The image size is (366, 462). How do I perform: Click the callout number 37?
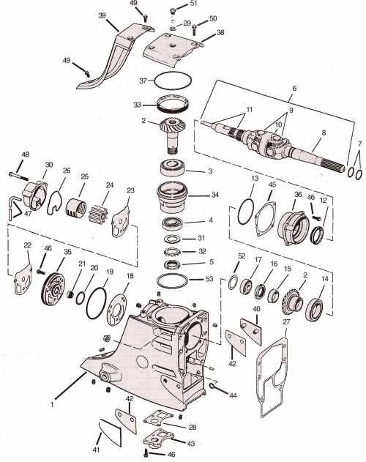click(143, 81)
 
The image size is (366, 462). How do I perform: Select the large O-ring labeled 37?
click(154, 79)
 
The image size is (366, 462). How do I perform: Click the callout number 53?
click(209, 278)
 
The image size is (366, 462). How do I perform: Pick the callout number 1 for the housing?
click(52, 405)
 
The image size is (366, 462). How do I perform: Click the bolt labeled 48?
click(19, 176)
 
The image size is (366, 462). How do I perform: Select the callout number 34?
click(214, 195)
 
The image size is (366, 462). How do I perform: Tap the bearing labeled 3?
click(172, 168)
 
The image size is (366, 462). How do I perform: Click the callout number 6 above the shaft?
click(294, 88)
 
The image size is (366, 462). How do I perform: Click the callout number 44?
click(233, 395)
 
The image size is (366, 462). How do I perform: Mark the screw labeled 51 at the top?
click(173, 11)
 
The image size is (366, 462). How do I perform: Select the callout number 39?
click(102, 15)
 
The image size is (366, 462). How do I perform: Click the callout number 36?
click(298, 195)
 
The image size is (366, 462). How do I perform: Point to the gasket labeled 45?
click(265, 219)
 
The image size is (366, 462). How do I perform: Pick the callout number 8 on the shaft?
click(324, 133)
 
